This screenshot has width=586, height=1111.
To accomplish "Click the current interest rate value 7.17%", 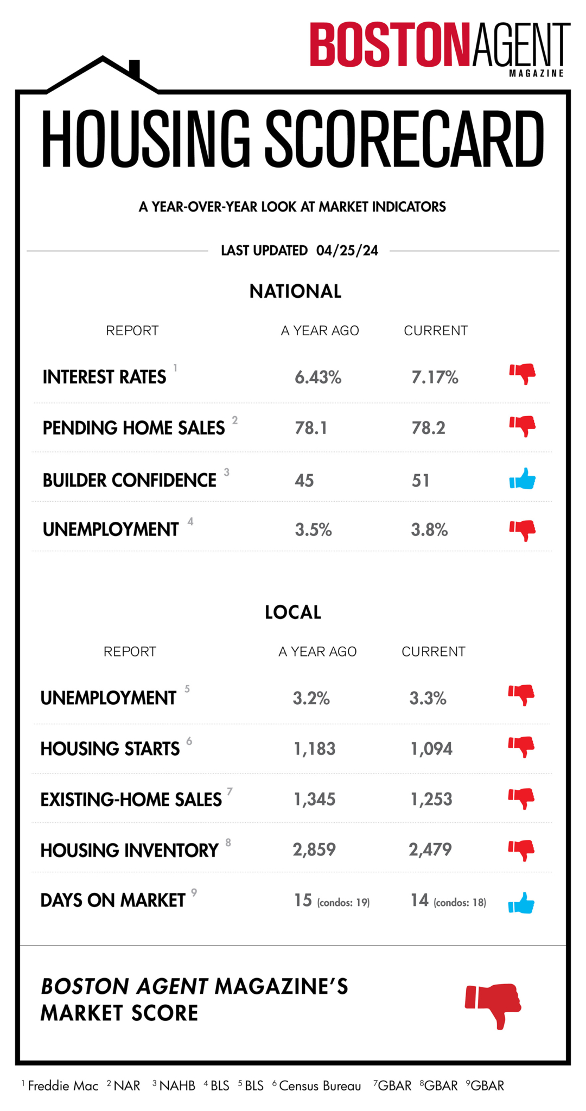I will [x=435, y=377].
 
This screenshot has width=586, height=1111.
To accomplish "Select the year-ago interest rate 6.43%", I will [x=318, y=377].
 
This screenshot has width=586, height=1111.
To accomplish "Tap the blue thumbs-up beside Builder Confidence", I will [x=522, y=480].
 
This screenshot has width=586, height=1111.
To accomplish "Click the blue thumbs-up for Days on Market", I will [x=521, y=904].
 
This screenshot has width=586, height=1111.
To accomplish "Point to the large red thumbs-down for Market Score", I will [x=493, y=1004].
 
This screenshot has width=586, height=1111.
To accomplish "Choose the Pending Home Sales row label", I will [x=133, y=428].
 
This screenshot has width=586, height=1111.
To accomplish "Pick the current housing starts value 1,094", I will [x=431, y=749].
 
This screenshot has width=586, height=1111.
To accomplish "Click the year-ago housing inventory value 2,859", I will [x=314, y=850].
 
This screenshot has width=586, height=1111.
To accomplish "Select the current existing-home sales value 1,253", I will [x=431, y=799].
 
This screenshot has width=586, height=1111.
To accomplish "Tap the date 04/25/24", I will [x=347, y=251].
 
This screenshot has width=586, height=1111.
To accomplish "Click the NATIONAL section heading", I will [x=295, y=291].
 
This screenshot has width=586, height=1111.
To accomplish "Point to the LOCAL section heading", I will [x=293, y=612].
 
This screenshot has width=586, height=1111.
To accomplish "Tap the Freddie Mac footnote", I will [x=63, y=1086].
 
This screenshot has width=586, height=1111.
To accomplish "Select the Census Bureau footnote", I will [x=320, y=1086].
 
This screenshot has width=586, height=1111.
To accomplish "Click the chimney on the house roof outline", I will [x=134, y=69].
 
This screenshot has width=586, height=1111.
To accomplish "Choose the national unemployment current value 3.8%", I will [x=429, y=530].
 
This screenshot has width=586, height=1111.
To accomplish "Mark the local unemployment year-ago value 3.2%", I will [x=311, y=698].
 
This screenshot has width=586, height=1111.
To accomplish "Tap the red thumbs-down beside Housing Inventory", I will [x=521, y=850].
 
